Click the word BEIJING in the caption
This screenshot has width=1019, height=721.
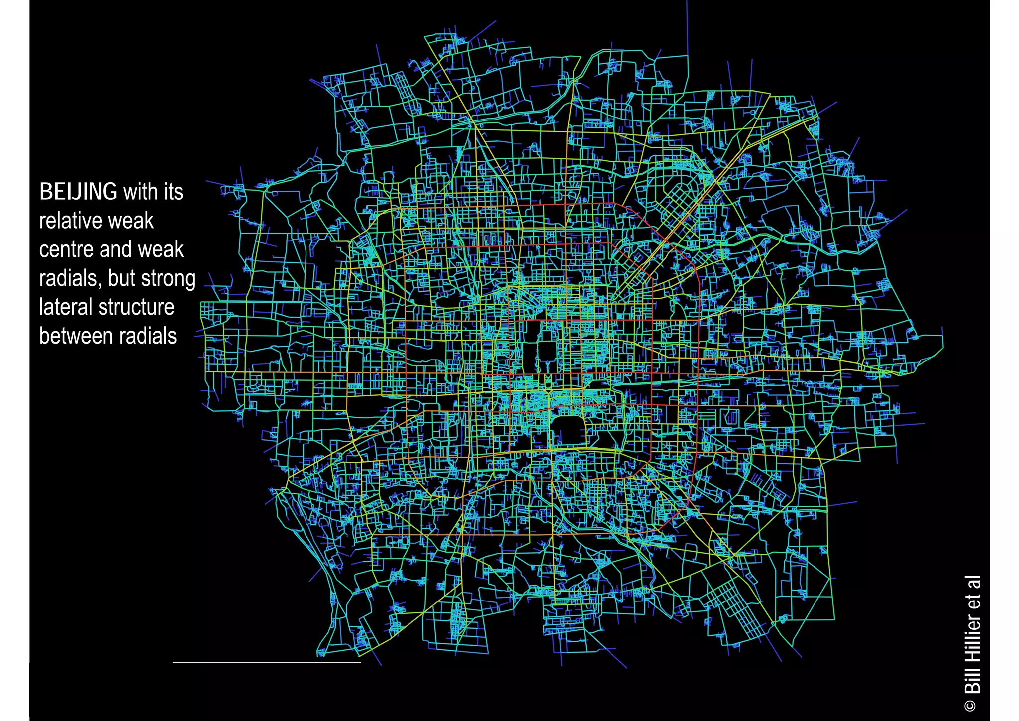[78, 192]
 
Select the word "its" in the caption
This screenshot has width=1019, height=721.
[171, 192]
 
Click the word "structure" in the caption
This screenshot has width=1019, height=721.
[134, 307]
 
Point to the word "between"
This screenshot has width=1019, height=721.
[74, 336]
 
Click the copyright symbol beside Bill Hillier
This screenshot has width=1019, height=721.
[971, 706]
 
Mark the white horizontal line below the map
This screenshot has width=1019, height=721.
[267, 663]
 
